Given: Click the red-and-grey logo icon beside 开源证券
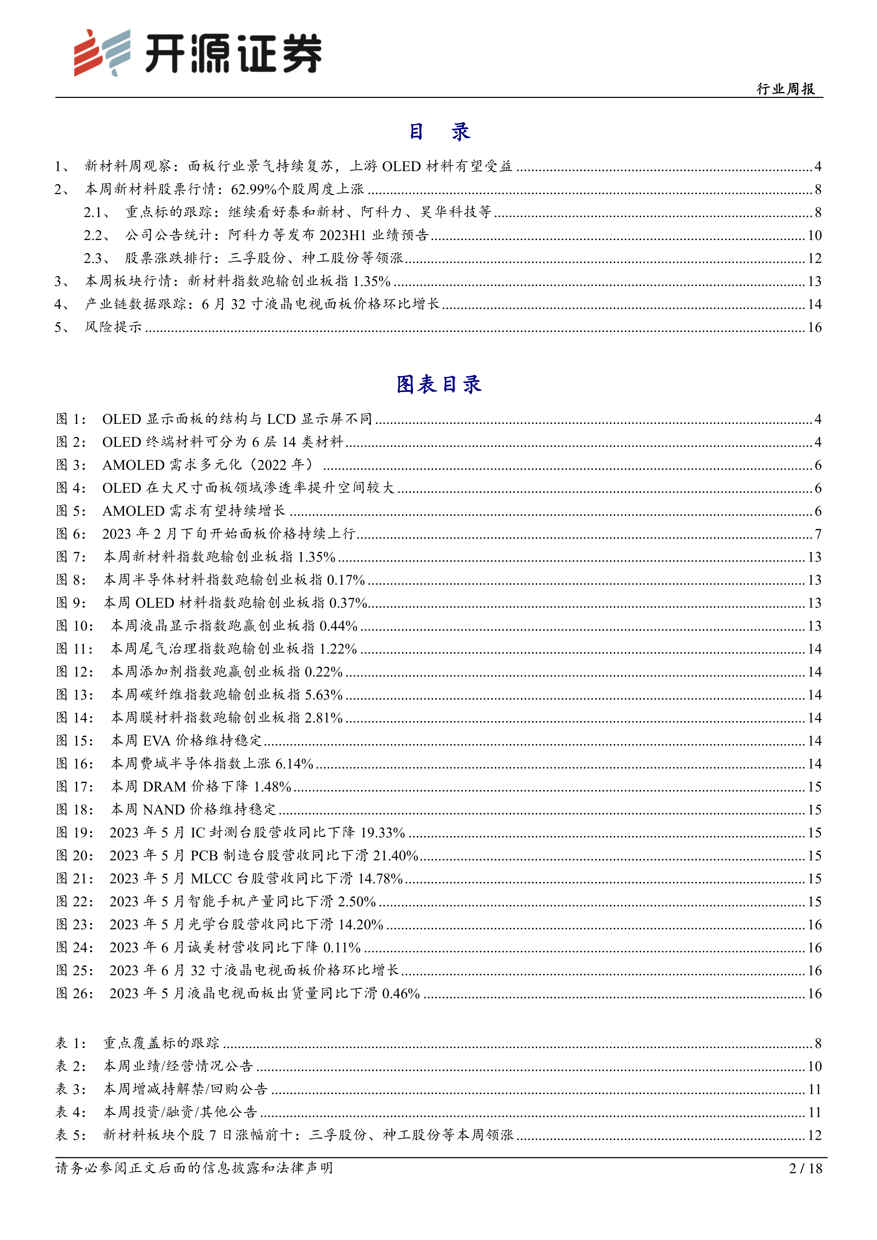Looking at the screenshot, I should pos(102,52).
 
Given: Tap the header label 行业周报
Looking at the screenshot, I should pos(786,89).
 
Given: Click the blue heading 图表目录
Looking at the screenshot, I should pos(438,385).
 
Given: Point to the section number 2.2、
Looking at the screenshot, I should pos(97,235).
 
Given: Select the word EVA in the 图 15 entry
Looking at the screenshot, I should pos(157,741).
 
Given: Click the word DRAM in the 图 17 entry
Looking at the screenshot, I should pos(164,787).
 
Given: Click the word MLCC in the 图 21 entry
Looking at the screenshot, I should pos(211,879).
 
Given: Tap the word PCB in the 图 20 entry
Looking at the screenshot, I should pos(204,856).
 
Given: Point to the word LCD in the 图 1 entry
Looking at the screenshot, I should pos(281,420).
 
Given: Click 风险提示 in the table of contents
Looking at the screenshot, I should pos(113,327).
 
